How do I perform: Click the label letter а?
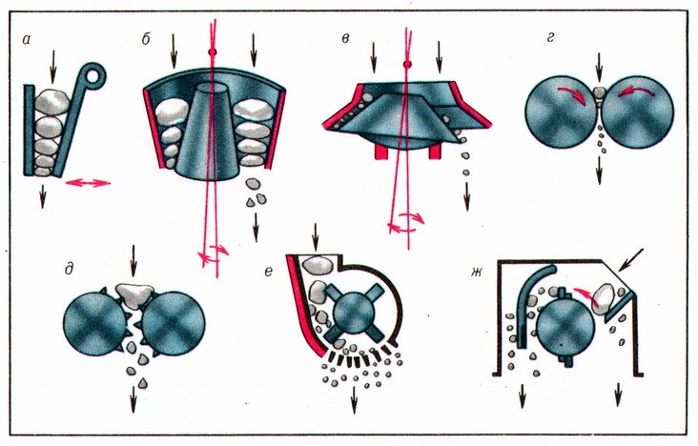(x=26, y=41)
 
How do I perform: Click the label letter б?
(x=146, y=39)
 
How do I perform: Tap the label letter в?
(x=345, y=39)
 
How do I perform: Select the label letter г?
(x=550, y=38)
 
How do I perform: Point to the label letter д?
(x=69, y=269)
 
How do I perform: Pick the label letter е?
(x=268, y=271)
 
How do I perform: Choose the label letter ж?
(x=477, y=271)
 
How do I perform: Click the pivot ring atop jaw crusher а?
(x=94, y=74)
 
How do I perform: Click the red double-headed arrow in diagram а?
(x=88, y=182)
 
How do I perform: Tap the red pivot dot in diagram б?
(x=213, y=52)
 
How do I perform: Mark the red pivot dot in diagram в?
(x=407, y=65)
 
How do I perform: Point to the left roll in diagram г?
(x=562, y=113)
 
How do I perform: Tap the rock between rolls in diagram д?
(x=134, y=294)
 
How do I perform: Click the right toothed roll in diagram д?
(x=174, y=324)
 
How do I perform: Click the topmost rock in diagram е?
(x=318, y=265)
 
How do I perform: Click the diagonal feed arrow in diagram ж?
(x=631, y=260)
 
